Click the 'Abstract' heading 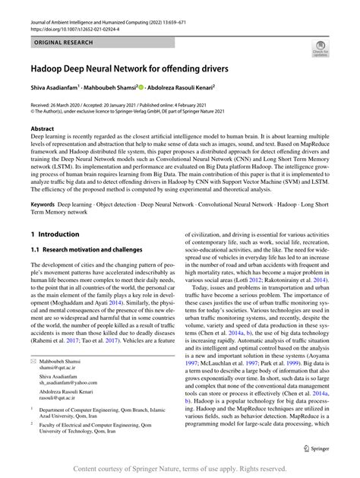click(42, 129)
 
